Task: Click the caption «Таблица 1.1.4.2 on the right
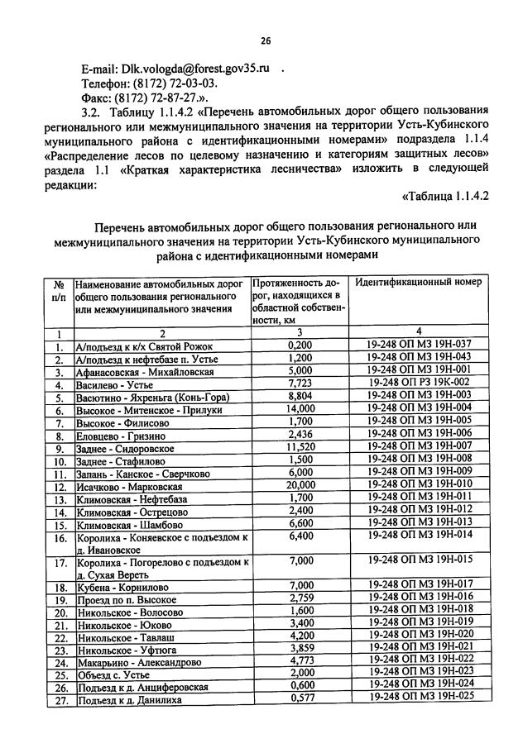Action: pyautogui.click(x=445, y=196)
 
